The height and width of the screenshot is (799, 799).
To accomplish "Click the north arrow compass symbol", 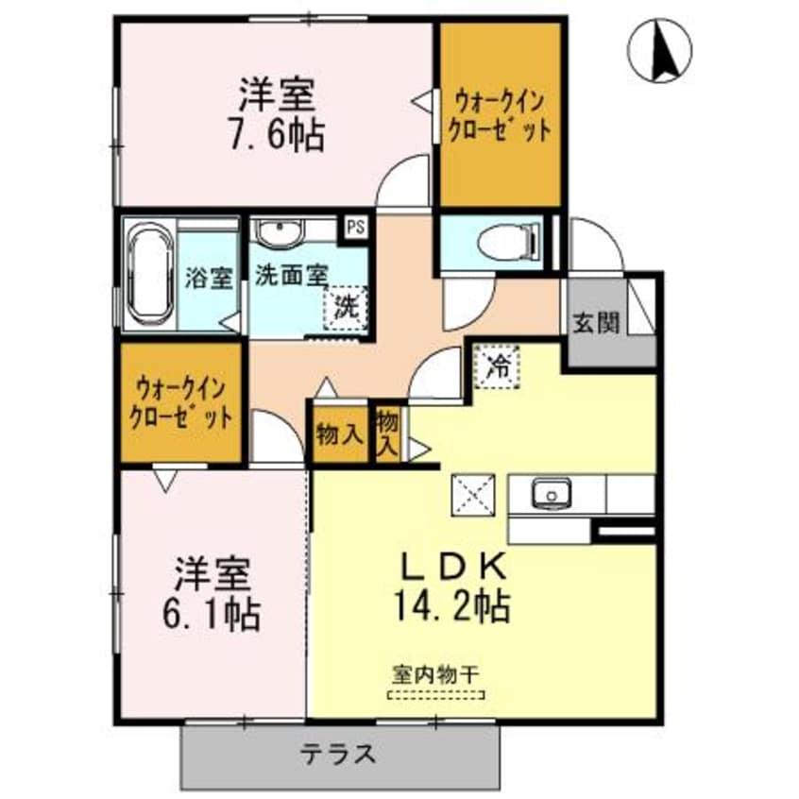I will [x=660, y=50].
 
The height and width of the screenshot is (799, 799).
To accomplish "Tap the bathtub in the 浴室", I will [x=148, y=274].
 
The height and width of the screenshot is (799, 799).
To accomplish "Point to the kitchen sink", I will [x=549, y=492].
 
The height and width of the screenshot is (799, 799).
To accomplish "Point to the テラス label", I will [x=339, y=755].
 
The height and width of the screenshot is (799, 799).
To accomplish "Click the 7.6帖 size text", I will [x=278, y=134].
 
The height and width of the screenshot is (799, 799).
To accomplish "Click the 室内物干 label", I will [x=435, y=675].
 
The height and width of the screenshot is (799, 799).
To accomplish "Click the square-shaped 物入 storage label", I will [x=339, y=434].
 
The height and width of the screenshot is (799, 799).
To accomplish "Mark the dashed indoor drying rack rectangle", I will [x=435, y=697].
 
